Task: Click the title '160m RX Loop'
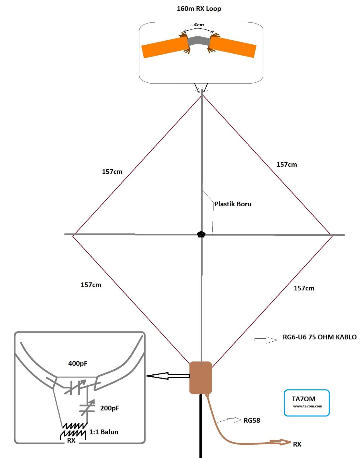199,9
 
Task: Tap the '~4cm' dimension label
197,25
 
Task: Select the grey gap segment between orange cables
199,41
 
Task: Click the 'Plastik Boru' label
233,204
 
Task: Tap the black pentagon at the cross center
201,235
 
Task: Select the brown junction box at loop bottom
201,378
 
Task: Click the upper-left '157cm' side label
112,172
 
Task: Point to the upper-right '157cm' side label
287,164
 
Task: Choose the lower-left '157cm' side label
91,285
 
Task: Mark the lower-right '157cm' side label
304,288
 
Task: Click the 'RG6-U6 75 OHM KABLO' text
320,337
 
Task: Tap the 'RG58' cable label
252,420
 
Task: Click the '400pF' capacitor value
78,363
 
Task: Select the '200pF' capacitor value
109,408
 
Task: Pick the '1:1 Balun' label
104,432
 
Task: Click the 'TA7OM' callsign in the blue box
304,399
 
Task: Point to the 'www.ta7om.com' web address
308,406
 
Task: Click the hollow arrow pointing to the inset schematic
168,376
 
